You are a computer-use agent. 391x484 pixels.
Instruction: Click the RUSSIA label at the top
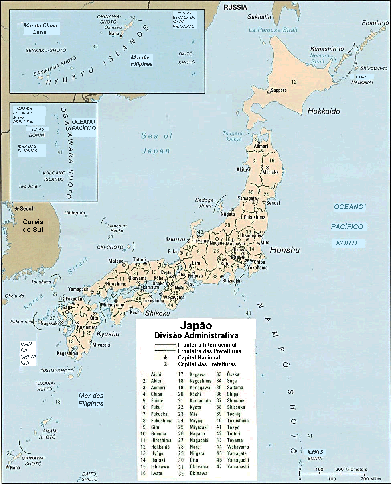point(235,7)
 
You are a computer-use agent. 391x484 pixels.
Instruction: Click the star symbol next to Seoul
point(16,209)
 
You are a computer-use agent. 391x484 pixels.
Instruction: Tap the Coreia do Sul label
point(33,226)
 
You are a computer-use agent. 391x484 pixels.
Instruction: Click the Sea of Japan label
point(156,143)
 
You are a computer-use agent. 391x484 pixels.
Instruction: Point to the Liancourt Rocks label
point(117,228)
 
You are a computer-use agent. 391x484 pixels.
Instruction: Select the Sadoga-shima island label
point(206,203)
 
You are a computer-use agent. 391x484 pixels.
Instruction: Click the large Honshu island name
point(285,250)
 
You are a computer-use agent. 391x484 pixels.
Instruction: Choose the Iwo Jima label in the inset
point(28,186)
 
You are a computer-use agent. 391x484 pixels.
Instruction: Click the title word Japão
point(196,325)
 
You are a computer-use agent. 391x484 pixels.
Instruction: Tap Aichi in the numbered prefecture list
point(156,374)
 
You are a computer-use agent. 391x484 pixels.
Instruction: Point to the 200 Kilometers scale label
point(351,469)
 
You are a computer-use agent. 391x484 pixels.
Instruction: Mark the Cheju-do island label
point(12,296)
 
